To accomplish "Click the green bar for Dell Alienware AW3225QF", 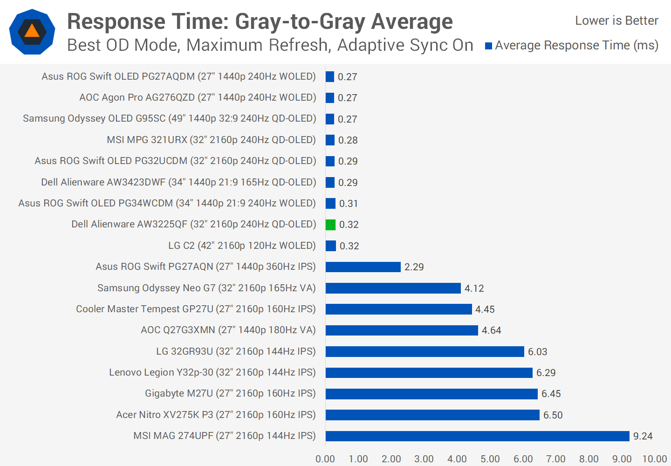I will click(x=330, y=225).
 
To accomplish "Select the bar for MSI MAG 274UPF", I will click(x=477, y=436).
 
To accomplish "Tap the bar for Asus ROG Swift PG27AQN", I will click(x=363, y=267).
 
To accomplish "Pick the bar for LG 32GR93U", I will click(x=425, y=351).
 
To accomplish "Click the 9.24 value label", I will click(x=643, y=436).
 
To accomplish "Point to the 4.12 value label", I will click(x=474, y=288).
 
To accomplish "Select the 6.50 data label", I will click(x=553, y=415).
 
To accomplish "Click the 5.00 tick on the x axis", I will click(x=490, y=459).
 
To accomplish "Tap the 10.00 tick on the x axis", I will click(x=654, y=459).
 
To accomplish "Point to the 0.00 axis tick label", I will click(x=325, y=459).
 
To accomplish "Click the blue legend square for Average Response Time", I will click(x=488, y=46).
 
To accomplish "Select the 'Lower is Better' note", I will click(x=616, y=21).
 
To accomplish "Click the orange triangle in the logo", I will click(x=32, y=31).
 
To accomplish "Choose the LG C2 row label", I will click(x=242, y=246).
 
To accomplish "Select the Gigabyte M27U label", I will click(x=230, y=393).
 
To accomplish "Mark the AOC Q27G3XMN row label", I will click(x=228, y=330).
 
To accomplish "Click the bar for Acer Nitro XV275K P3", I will click(x=432, y=415).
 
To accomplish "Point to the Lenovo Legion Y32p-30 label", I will click(x=212, y=372).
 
